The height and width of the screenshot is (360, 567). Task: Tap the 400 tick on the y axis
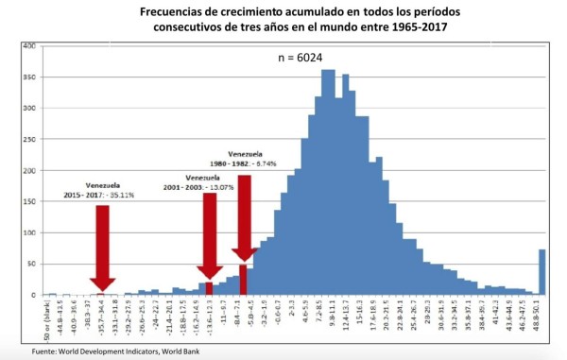[x=29, y=45]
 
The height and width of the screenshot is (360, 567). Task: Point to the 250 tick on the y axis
[x=29, y=139]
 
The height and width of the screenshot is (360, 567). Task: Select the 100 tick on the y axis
[x=29, y=232]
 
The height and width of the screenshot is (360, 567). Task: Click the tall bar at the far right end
[x=542, y=272]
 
